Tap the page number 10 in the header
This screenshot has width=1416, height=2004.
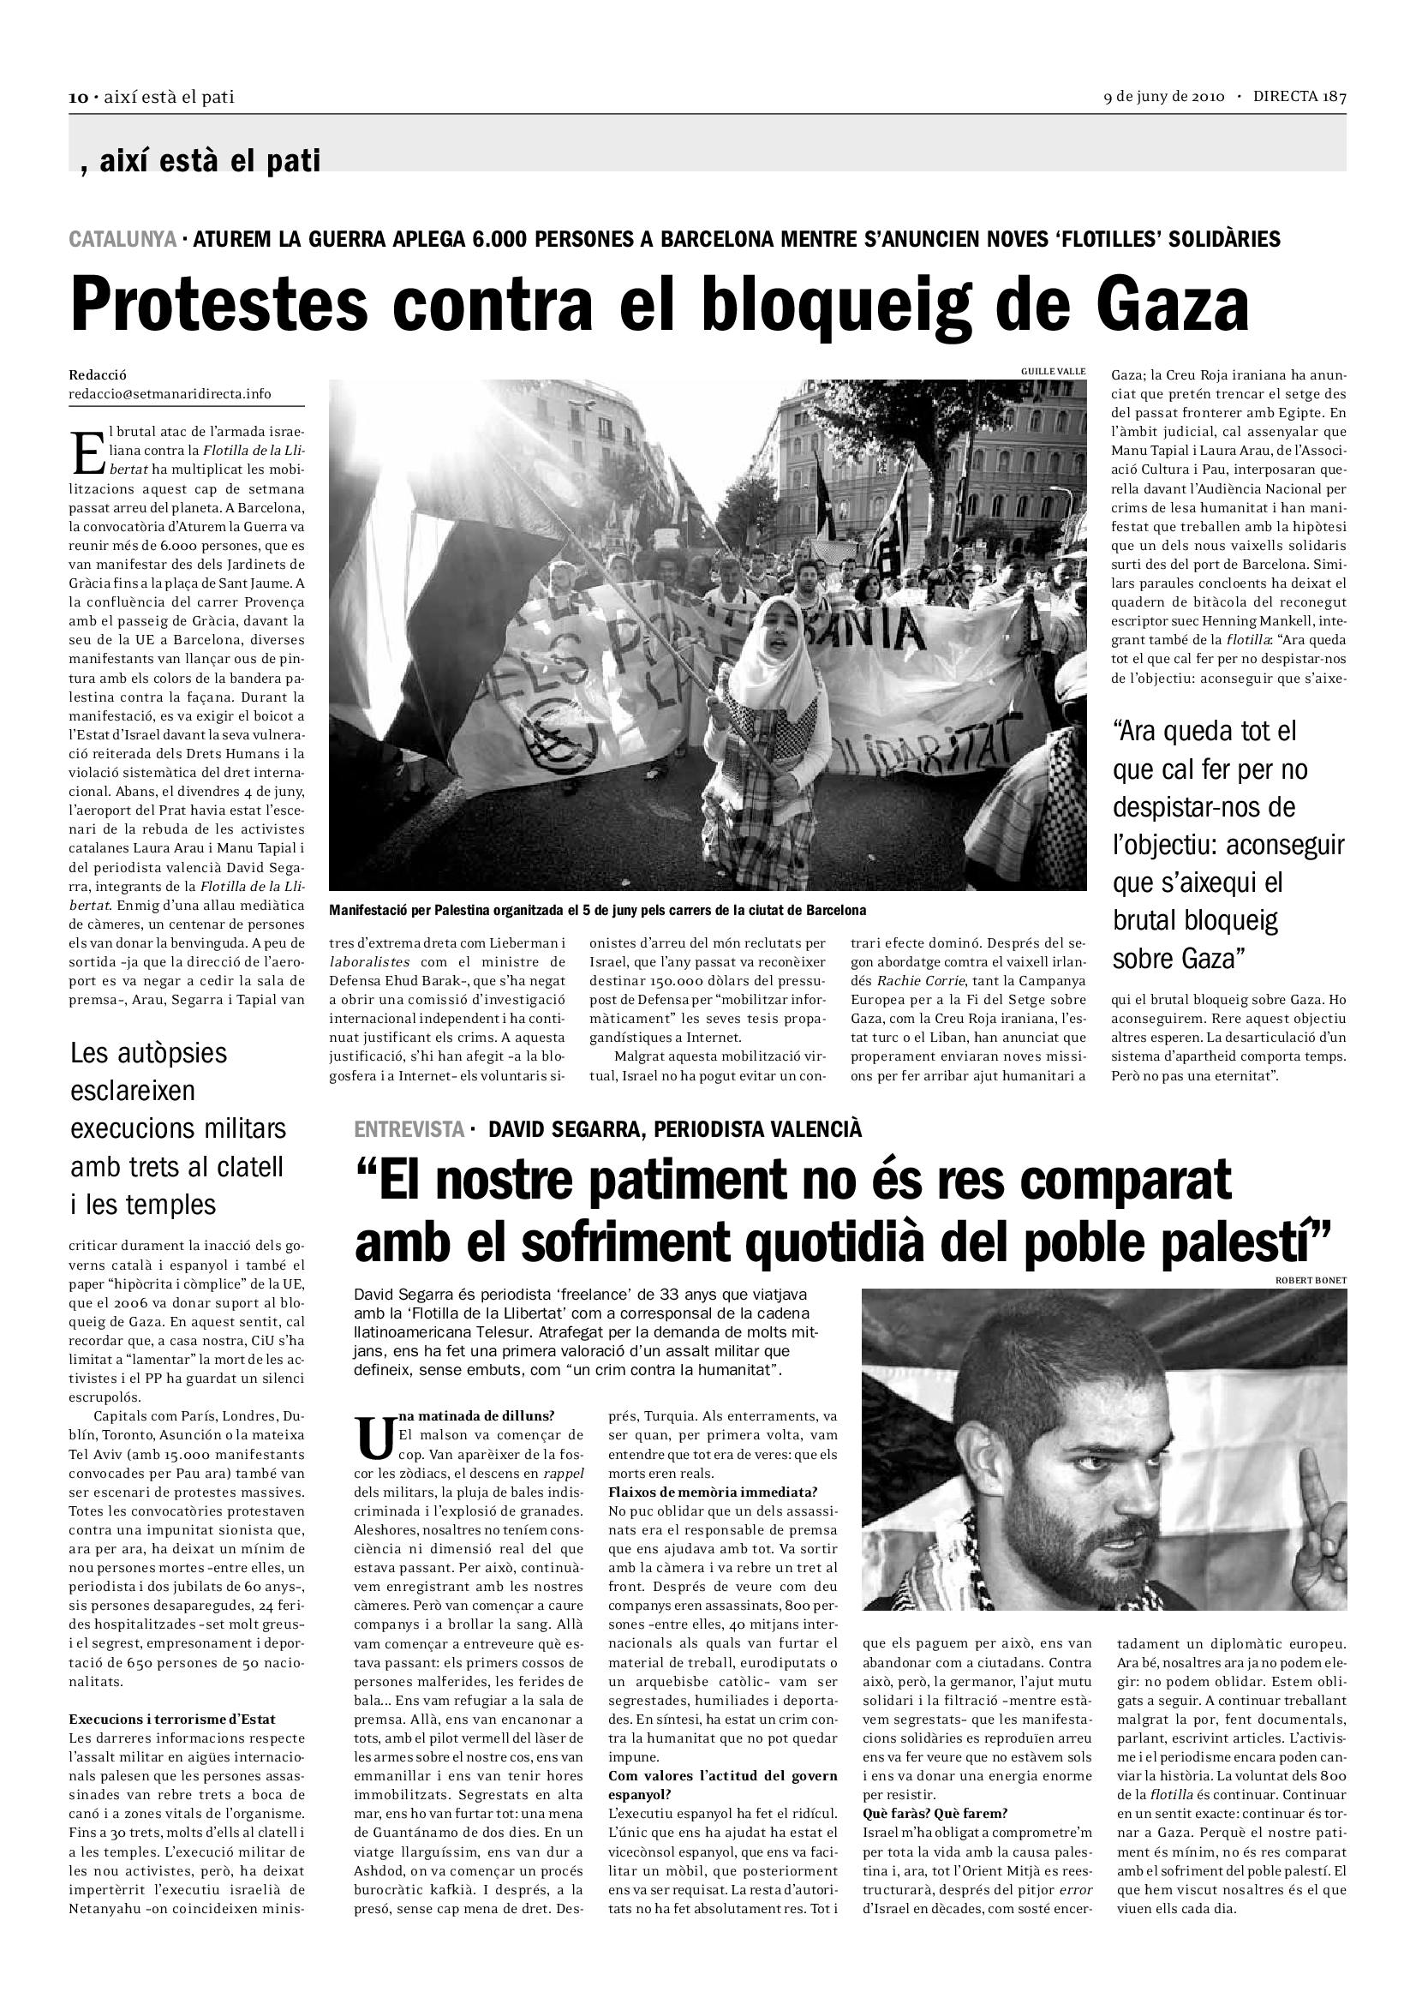click(78, 98)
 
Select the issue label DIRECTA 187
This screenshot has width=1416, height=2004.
click(1299, 97)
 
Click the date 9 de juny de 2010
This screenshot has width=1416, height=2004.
click(1164, 97)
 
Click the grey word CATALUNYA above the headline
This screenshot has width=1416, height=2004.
click(122, 238)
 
